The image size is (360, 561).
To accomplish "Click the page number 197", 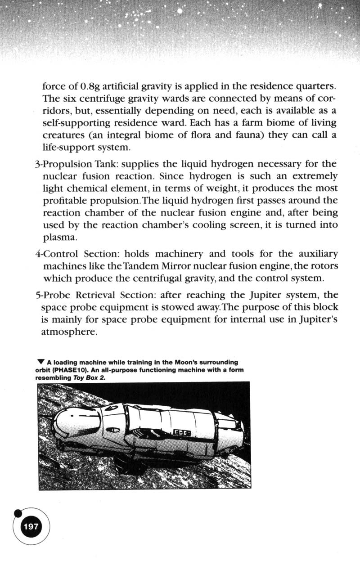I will [x=31, y=526].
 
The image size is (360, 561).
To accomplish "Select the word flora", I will [x=196, y=135].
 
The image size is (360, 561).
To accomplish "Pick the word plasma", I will [x=59, y=237].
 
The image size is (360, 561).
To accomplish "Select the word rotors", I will [x=324, y=266].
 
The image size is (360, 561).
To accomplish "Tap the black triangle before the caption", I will [x=41, y=362].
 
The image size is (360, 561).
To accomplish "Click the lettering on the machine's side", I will [x=182, y=433].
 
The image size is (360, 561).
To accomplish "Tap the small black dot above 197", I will [x=18, y=512].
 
